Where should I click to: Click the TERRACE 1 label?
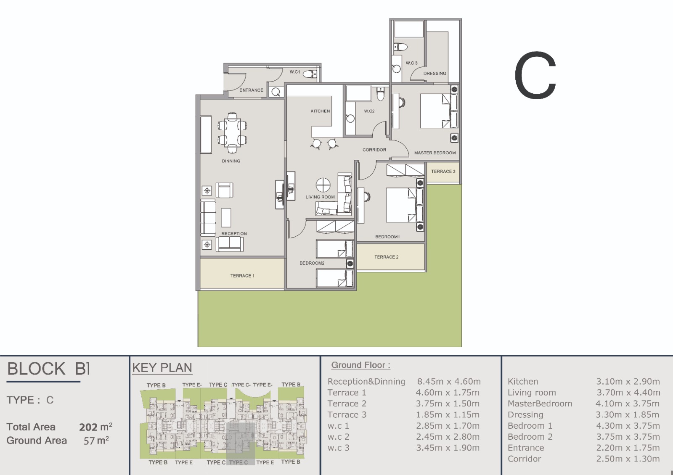click(242, 276)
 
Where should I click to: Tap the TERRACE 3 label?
click(443, 172)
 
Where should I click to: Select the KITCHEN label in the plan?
click(320, 111)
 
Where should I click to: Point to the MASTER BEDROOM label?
click(435, 153)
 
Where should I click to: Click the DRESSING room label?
click(435, 74)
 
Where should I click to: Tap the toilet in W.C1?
click(310, 74)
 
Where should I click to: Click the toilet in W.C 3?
click(400, 47)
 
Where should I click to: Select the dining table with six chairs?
click(232, 132)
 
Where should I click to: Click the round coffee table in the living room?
click(323, 185)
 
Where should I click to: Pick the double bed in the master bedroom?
click(439, 111)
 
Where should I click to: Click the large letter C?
click(535, 75)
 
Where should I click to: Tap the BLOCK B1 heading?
click(48, 369)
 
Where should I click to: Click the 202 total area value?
click(88, 427)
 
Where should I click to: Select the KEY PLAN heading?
click(162, 367)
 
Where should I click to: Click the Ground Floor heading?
click(360, 365)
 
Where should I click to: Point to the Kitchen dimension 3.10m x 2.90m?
click(628, 382)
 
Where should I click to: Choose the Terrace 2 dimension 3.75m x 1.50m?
click(448, 404)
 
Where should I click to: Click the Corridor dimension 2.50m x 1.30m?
click(628, 459)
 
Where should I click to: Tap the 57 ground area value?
click(89, 441)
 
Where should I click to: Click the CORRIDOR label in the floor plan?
click(374, 150)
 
